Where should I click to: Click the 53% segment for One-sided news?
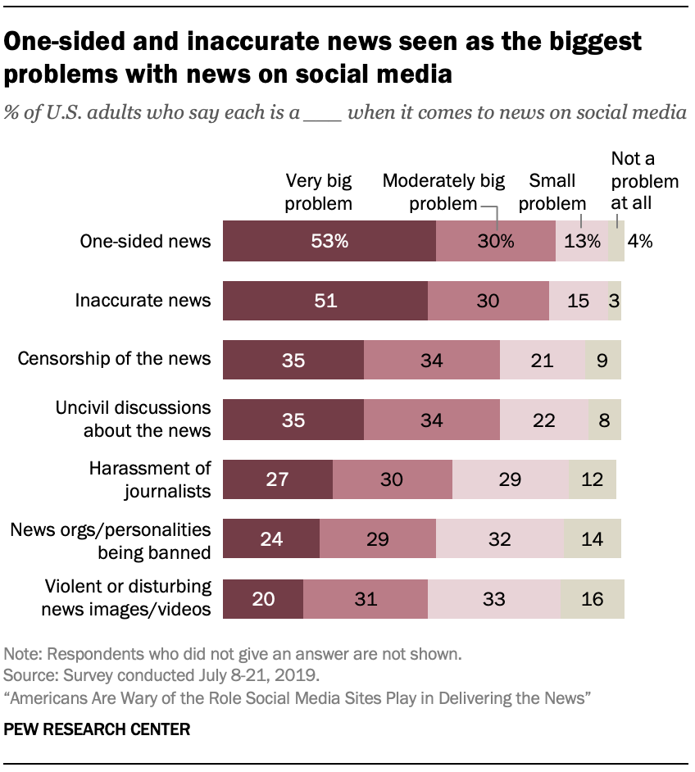pyautogui.click(x=329, y=241)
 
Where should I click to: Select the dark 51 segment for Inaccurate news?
pyautogui.click(x=325, y=301)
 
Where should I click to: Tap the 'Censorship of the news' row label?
pyautogui.click(x=115, y=359)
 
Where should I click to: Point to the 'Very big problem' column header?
pyautogui.click(x=318, y=192)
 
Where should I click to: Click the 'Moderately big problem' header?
pyautogui.click(x=443, y=192)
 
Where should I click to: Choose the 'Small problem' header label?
pyautogui.click(x=552, y=192)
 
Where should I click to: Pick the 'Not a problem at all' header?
pyautogui.click(x=645, y=180)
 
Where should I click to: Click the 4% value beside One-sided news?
pyautogui.click(x=639, y=241)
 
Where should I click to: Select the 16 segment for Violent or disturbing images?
pyautogui.click(x=592, y=599)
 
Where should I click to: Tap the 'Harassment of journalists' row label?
pyautogui.click(x=150, y=479)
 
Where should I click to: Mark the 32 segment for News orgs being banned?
pyautogui.click(x=499, y=539)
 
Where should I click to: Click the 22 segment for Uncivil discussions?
pyautogui.click(x=543, y=420)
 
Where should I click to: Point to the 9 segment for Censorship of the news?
pyautogui.click(x=603, y=360)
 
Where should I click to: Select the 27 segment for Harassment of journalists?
pyautogui.click(x=277, y=479)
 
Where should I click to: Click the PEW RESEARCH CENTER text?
pyautogui.click(x=97, y=729)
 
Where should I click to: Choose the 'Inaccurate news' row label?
pyautogui.click(x=143, y=300)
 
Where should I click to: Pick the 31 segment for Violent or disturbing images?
pyautogui.click(x=365, y=599)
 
